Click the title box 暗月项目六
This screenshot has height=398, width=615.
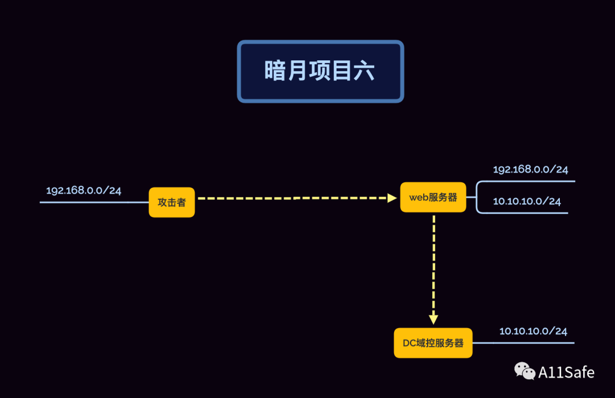320,71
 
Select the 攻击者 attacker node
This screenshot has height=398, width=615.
171,202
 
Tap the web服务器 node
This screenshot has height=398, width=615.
433,198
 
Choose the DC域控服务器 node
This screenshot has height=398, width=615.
433,343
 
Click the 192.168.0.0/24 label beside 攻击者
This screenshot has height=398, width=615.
84,190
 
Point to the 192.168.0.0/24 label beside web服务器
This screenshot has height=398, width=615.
530,169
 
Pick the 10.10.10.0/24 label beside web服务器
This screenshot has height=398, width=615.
527,202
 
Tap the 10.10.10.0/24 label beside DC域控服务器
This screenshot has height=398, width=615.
533,331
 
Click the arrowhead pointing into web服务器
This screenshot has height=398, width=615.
392,198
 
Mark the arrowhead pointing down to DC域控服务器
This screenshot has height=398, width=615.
433,319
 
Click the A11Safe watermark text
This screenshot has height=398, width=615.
566,372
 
